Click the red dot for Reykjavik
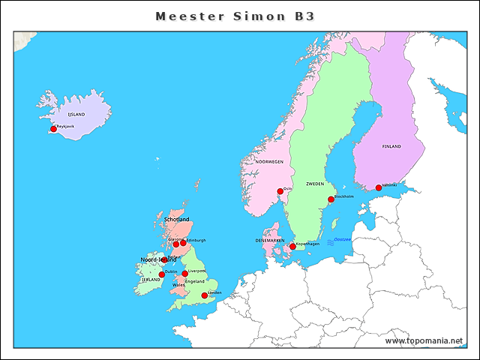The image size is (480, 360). (x=53, y=129)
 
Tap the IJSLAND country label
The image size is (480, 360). (x=76, y=114)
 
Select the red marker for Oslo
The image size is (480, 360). (x=280, y=191)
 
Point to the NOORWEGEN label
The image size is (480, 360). (x=269, y=162)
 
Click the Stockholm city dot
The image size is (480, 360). (x=331, y=199)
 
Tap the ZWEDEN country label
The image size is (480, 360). (x=315, y=184)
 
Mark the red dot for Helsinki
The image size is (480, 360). (x=379, y=188)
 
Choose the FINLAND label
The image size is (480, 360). (x=391, y=146)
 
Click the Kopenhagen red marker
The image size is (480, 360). (x=292, y=247)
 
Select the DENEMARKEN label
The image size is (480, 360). (x=270, y=241)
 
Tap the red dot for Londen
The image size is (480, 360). (x=204, y=295)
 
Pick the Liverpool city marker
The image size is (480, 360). (x=184, y=274)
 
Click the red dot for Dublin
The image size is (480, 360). (x=161, y=274)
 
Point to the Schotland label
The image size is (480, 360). (x=176, y=219)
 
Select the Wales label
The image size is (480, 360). (x=178, y=285)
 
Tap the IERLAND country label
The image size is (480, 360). (x=150, y=280)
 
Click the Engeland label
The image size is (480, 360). (x=194, y=281)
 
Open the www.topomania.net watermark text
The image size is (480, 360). (x=424, y=341)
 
